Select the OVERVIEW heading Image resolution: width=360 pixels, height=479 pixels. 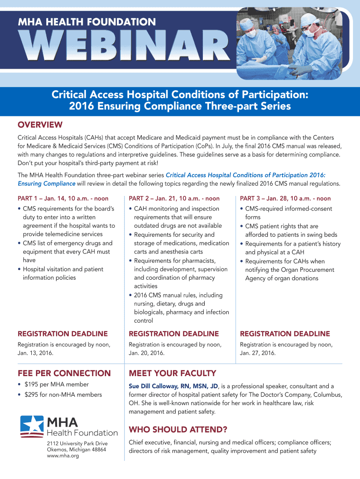tap(40, 125)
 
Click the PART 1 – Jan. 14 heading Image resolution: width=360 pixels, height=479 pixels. tap(63, 198)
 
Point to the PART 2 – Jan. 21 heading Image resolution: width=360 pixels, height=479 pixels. tap(174, 198)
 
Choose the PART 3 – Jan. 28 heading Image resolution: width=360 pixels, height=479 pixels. tap(285, 198)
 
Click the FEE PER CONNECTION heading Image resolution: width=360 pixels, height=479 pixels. tap(64, 373)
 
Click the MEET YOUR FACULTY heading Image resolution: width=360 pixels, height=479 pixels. tap(172, 373)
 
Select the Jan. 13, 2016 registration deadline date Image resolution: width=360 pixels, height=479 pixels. tap(35, 353)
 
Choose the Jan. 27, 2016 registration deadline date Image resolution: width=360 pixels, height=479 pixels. tap(258, 353)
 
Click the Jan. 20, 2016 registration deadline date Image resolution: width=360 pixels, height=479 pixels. tap(146, 353)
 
